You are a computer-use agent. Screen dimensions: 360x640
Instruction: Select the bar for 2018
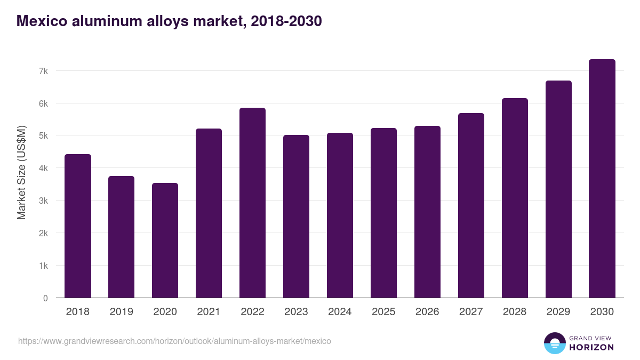[78, 226]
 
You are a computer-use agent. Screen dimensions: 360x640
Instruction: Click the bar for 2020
[165, 241]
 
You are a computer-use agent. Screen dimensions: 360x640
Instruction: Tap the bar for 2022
[252, 203]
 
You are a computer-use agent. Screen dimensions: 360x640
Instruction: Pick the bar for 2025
[383, 213]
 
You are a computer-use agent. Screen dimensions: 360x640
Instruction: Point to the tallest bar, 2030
[602, 179]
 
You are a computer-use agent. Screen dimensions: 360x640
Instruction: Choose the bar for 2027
[471, 205]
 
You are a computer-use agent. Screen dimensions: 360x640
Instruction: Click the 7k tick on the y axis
[43, 71]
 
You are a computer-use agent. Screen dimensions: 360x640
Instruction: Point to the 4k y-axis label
[43, 169]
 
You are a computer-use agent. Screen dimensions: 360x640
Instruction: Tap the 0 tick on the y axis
[45, 298]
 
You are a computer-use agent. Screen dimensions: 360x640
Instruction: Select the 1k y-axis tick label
[43, 266]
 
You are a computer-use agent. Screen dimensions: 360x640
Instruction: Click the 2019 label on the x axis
[121, 312]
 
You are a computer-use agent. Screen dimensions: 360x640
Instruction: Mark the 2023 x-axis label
[296, 312]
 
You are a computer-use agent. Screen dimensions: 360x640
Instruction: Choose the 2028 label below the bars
[515, 312]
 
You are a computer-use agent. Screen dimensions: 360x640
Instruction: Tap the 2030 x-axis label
[602, 312]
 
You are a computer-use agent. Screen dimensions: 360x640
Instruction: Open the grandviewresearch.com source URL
[174, 341]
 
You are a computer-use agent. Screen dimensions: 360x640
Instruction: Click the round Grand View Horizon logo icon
[554, 343]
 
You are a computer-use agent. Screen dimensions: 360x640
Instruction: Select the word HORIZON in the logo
[591, 347]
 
